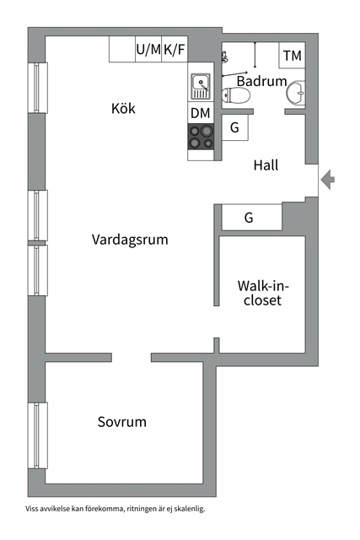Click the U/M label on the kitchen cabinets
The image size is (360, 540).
[148, 51]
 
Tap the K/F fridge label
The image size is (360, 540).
[175, 51]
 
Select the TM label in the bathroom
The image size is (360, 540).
[293, 56]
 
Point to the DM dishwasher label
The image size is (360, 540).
[201, 113]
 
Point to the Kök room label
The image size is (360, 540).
[123, 109]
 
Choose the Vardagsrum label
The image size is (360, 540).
[130, 240]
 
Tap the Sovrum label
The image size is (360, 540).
[121, 422]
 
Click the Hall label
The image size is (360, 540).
[266, 165]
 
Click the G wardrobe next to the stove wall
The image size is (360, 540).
[234, 128]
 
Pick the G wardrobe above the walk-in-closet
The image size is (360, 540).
[250, 218]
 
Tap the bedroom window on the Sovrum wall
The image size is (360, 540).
[37, 435]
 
